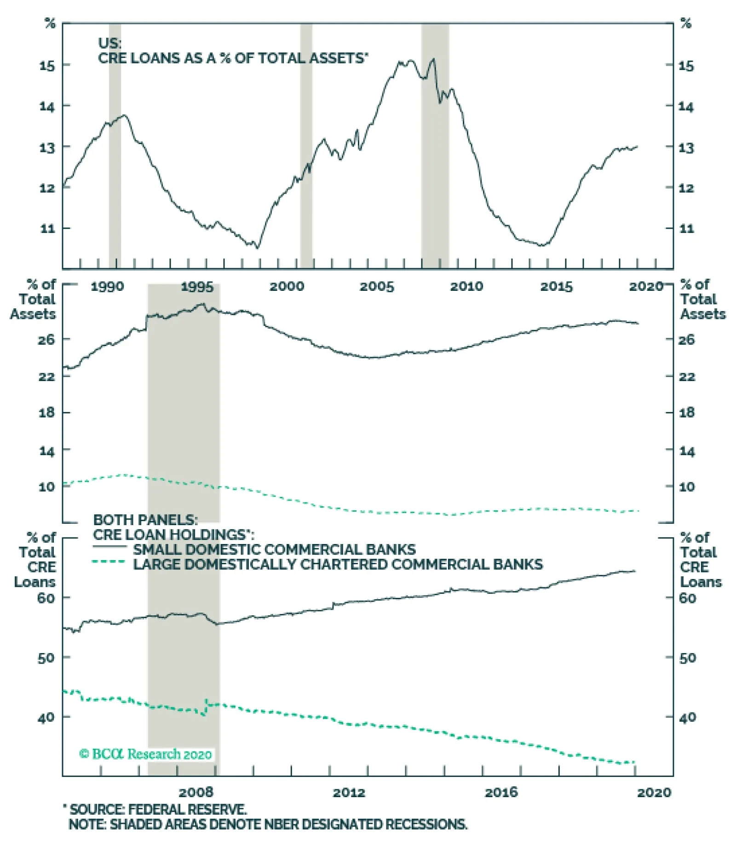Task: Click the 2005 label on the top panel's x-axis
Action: [x=377, y=287]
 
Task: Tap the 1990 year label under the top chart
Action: [x=107, y=287]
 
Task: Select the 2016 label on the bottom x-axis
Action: [x=501, y=793]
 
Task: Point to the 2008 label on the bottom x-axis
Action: [x=196, y=793]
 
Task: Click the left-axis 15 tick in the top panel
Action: [x=47, y=65]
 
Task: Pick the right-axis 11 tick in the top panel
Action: [x=687, y=228]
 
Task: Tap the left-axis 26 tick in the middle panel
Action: [x=47, y=340]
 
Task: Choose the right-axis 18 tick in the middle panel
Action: [x=687, y=413]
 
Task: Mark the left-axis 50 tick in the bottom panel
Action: [x=46, y=658]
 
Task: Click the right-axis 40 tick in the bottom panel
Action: [x=687, y=717]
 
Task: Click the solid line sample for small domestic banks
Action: [x=109, y=547]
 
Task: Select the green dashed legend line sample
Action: [x=109, y=562]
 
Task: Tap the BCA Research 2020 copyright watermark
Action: [x=145, y=754]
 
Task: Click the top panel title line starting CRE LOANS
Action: [x=233, y=58]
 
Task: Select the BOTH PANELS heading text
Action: [x=145, y=520]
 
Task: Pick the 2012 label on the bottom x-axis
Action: [x=349, y=793]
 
